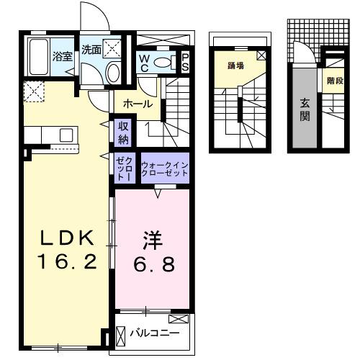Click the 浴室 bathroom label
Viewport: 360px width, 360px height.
coord(60,55)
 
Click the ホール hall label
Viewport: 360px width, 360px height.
coord(137,104)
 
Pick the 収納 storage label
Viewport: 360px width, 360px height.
coord(124,132)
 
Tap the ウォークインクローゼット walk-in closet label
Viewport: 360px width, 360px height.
coord(164,168)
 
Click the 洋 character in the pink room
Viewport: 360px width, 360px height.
coord(150,237)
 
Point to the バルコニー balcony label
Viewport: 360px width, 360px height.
coord(154,333)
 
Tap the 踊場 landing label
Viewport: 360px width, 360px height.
coord(235,66)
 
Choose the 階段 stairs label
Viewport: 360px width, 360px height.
coord(333,81)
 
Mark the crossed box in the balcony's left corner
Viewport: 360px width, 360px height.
coord(120,336)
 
